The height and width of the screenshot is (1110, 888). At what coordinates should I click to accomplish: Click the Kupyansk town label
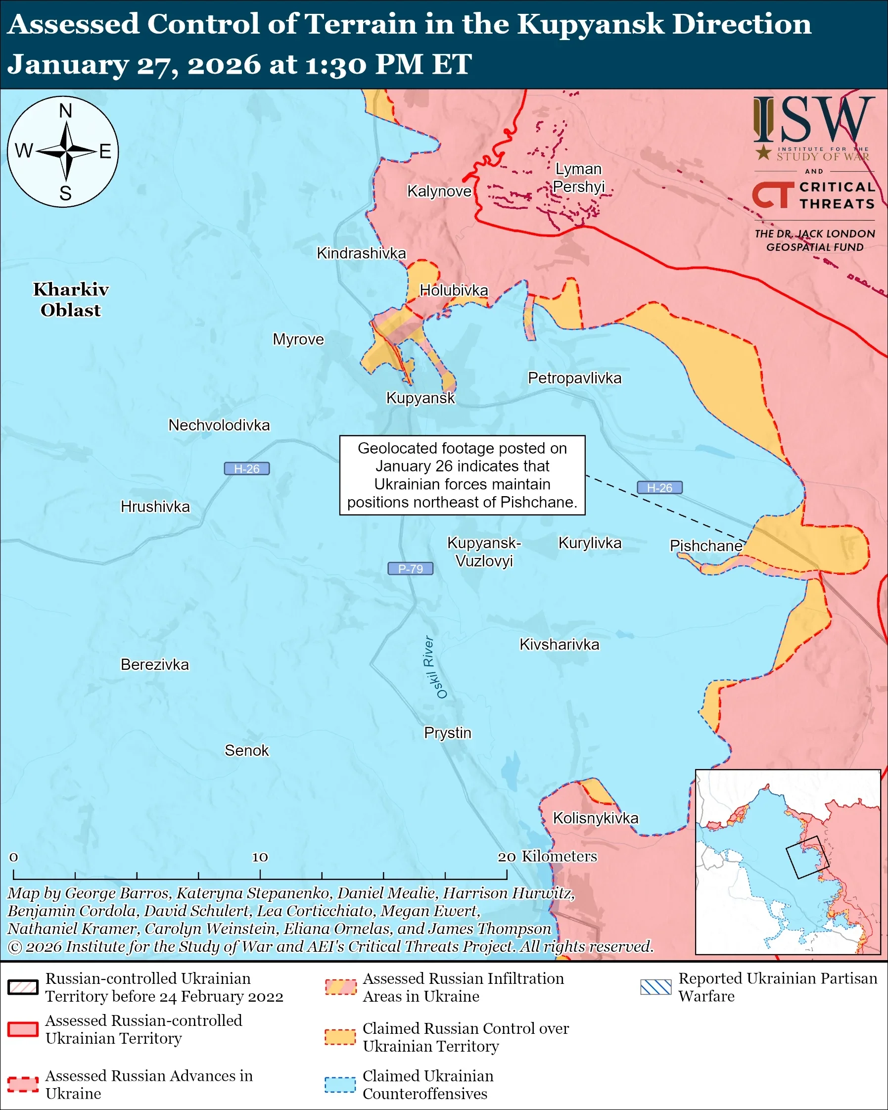point(420,398)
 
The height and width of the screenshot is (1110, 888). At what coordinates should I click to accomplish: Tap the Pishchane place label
point(706,546)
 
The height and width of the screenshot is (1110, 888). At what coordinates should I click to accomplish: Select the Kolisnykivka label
point(595,818)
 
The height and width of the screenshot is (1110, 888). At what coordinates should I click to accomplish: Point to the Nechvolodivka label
point(219,425)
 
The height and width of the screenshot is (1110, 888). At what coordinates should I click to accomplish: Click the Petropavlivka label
point(574,378)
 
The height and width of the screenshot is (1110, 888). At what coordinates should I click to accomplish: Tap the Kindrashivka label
point(361,253)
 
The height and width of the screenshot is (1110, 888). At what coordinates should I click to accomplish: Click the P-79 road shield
point(410,569)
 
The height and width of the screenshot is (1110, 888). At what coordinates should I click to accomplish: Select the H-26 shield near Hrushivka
point(246,469)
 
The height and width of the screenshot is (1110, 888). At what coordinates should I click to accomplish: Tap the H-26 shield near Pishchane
point(659,488)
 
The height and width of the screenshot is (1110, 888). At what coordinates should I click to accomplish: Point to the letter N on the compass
point(65,111)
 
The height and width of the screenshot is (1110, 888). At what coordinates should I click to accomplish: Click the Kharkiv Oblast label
point(71,300)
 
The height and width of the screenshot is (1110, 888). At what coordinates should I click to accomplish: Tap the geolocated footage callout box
point(462,475)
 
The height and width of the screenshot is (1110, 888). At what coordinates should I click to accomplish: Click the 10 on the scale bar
point(260,857)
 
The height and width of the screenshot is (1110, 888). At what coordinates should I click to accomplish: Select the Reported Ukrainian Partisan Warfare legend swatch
point(656,987)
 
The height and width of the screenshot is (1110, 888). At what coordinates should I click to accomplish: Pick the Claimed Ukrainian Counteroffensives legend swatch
point(340,1084)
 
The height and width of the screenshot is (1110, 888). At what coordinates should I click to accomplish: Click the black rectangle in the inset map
point(807,857)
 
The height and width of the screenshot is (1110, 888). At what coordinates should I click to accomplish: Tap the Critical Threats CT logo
point(772,196)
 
